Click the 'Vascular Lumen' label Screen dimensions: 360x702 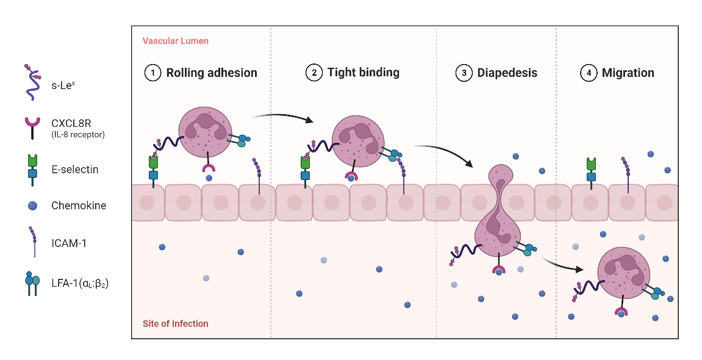[x=176, y=41]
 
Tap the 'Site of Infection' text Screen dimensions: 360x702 [x=176, y=323]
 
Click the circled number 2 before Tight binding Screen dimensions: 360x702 [x=313, y=73]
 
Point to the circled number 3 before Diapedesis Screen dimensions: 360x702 [x=464, y=73]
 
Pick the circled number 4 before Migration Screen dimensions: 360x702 [x=587, y=73]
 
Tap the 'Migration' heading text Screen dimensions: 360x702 [x=628, y=73]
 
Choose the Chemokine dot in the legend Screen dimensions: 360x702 [x=31, y=206]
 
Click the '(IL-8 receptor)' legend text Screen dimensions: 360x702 [x=78, y=135]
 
